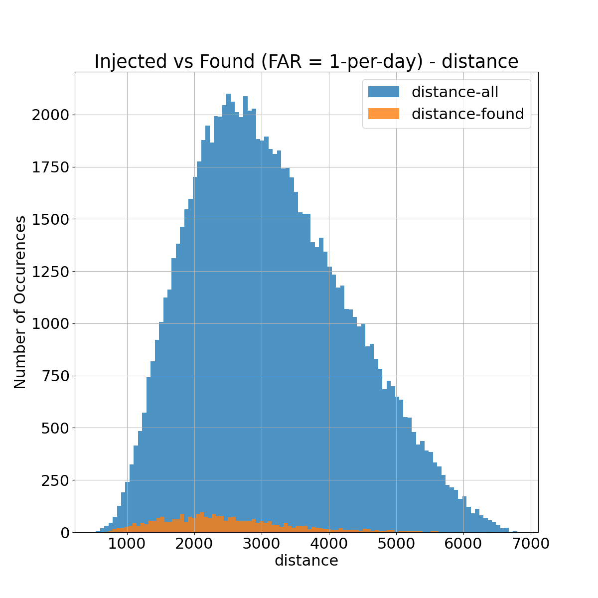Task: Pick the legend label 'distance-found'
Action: click(467, 114)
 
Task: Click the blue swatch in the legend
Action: click(383, 92)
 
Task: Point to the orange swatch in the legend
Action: click(383, 114)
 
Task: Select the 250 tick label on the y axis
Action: click(56, 480)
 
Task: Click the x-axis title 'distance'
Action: click(306, 561)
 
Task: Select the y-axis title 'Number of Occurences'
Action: click(20, 302)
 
